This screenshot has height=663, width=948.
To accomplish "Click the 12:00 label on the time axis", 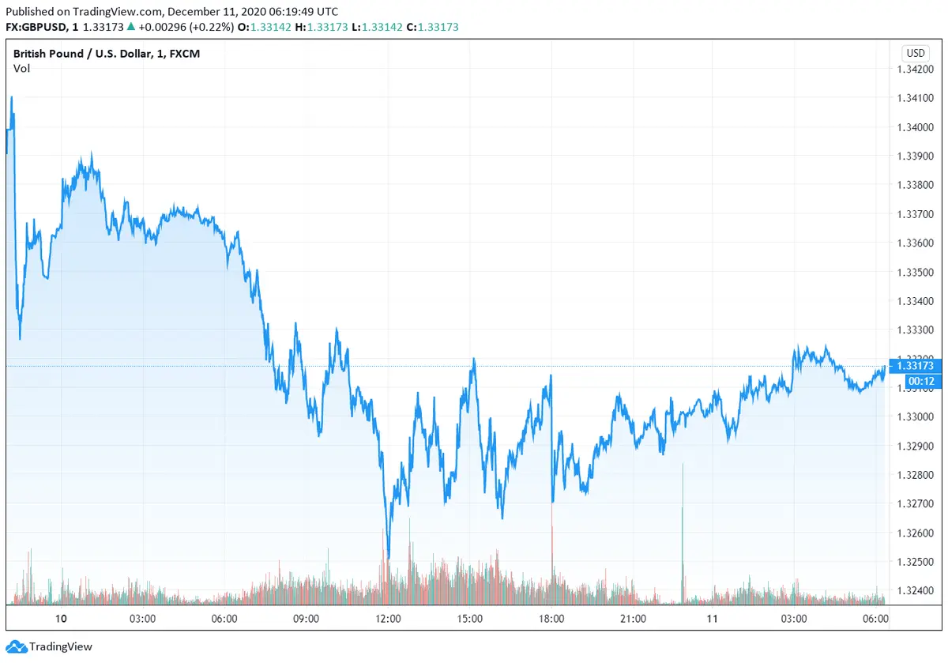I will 388,619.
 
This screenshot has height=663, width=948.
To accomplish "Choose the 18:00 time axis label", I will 551,619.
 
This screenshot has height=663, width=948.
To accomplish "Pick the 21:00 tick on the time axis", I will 633,619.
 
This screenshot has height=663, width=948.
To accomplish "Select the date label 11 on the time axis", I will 713,619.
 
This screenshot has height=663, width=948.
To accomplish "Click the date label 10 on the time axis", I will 61,619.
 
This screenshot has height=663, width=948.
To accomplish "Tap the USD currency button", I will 915,54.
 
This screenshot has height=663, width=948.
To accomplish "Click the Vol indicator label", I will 21,69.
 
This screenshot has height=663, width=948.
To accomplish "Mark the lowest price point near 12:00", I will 388,557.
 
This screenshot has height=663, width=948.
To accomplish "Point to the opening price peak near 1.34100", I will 12,98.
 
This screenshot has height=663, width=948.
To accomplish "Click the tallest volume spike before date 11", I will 683,466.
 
